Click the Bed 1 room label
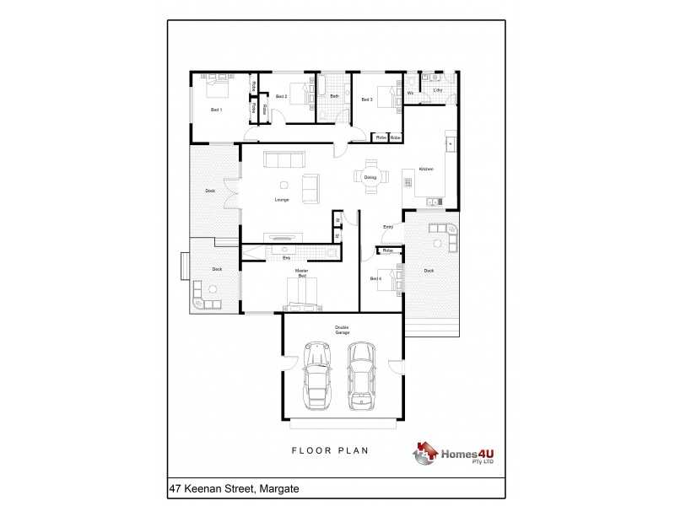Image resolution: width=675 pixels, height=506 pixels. [216, 110]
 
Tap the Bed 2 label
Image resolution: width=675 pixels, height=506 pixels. [282, 98]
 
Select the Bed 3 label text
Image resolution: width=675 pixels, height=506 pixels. [366, 100]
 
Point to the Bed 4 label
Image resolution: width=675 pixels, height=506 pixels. [375, 277]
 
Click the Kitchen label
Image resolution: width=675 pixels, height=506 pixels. [426, 170]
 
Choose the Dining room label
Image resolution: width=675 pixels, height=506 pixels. [370, 177]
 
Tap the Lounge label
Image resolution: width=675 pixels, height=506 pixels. [282, 200]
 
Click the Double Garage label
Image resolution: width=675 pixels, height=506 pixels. [342, 329]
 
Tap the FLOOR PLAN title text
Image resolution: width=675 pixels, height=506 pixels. [330, 451]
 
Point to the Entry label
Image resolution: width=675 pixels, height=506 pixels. [389, 227]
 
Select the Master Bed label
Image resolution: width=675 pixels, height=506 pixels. [301, 272]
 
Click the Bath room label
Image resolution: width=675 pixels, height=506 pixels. [334, 97]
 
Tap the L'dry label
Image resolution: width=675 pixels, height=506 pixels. [438, 89]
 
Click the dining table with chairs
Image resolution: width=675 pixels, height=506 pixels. [371, 177]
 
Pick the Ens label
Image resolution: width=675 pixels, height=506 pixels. [286, 257]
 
